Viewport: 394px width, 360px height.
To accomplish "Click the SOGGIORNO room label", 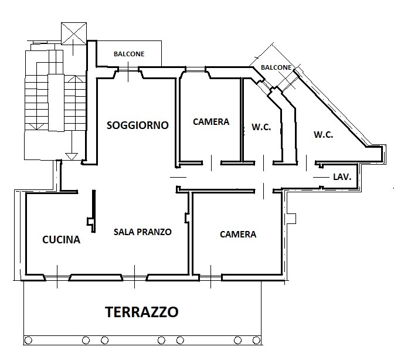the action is pos(137,125).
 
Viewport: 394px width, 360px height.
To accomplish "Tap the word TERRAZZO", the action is pos(142,312).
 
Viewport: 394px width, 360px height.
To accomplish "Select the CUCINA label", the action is pos(62,240).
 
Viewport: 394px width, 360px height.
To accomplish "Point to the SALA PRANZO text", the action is pos(142,232).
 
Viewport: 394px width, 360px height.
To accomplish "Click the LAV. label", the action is pos(342,177).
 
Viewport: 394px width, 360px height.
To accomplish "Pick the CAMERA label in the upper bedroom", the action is pos(211,122).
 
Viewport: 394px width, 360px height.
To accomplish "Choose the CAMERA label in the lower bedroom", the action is pos(238,235).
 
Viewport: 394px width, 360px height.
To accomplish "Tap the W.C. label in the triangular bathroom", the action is pos(324,135).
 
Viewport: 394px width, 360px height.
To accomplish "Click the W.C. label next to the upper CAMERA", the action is pos(261,127).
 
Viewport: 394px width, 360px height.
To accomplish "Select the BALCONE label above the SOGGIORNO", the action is pos(129,54).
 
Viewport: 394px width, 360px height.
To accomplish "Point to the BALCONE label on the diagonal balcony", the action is pos(276,67).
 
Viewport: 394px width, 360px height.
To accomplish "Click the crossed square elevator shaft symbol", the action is pos(74,33).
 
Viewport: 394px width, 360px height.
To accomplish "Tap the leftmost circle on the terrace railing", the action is pos(28,341).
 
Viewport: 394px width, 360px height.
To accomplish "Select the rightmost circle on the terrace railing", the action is pos(256,341).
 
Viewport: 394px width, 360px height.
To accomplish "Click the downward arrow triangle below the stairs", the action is pos(72,157).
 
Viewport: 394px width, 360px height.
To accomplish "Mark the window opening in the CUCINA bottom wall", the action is pos(57,277).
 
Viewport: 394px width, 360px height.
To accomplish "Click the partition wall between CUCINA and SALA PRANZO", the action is pos(94,211).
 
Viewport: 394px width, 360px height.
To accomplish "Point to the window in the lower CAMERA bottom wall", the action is pos(210,277).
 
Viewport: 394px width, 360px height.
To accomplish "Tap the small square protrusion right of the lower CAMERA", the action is pos(291,218).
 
